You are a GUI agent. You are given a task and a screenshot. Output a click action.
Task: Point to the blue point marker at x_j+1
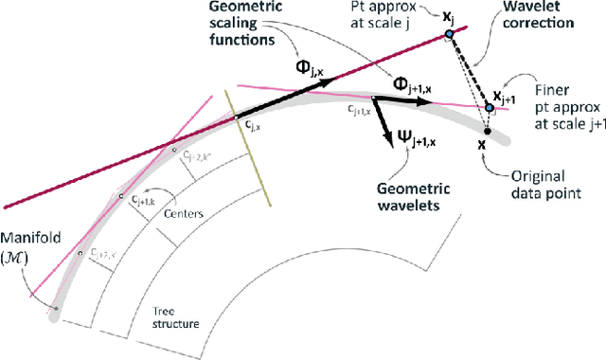[x=490, y=108]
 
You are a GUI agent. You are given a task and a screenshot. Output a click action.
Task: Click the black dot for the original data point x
[x=485, y=130]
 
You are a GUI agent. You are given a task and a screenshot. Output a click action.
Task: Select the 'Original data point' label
[x=545, y=183]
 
